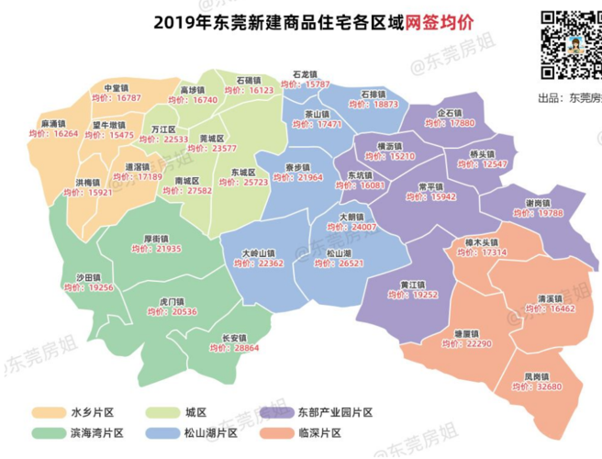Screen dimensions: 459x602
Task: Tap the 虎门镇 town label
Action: coord(173,300)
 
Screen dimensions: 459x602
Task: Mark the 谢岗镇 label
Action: coord(538,202)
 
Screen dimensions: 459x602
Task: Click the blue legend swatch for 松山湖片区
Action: coord(161,432)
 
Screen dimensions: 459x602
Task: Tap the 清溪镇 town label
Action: coord(548,298)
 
